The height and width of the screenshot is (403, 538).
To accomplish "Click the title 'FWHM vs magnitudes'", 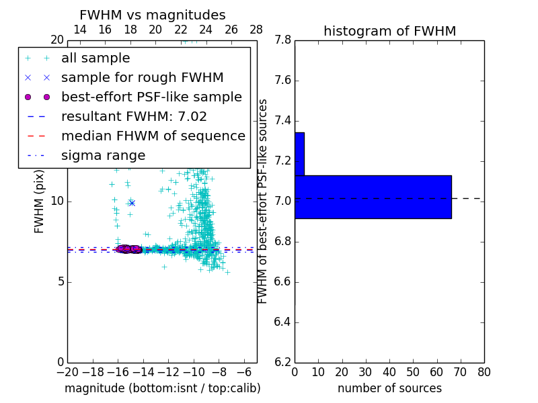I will click(152, 15).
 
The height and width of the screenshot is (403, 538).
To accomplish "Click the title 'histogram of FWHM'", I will click(389, 31).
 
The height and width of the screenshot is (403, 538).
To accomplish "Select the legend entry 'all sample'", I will click(95, 58).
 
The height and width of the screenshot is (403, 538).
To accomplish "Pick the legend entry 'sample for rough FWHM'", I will click(142, 78).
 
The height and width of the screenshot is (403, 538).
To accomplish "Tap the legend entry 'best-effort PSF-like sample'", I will click(151, 97).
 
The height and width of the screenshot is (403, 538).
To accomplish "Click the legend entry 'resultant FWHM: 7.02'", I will click(134, 116).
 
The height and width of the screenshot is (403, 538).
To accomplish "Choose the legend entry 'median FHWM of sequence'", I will click(153, 136).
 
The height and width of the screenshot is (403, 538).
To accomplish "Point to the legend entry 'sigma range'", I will click(103, 155).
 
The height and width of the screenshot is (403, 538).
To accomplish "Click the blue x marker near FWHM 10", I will click(132, 203).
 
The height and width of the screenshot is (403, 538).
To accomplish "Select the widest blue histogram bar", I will click(373, 197).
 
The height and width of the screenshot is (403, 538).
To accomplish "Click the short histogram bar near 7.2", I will click(299, 154).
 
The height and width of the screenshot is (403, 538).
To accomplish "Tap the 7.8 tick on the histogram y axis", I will click(282, 40).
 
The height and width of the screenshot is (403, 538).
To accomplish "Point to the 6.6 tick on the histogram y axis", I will click(282, 282).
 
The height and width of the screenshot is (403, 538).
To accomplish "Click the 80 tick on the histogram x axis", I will click(484, 372).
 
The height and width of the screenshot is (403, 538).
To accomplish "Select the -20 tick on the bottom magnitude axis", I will click(67, 372).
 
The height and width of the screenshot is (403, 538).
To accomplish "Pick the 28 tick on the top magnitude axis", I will click(256, 30).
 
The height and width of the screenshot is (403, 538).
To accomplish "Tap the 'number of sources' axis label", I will click(389, 388).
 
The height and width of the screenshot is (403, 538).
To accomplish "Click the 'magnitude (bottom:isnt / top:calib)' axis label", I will click(162, 388).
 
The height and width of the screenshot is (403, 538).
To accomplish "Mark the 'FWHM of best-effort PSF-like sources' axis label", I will click(263, 201).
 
